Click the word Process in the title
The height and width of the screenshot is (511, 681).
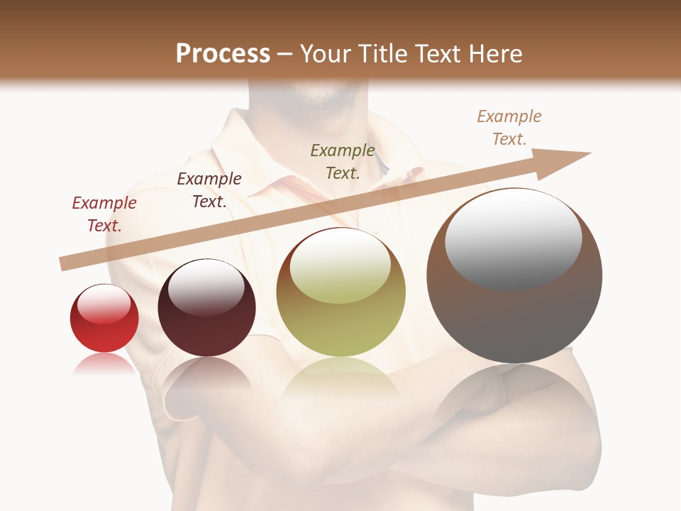(x=223, y=54)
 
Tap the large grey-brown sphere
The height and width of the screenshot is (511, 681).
(x=514, y=312)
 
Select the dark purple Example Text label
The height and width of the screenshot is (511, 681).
(x=209, y=190)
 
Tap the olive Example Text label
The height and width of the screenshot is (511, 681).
(x=343, y=161)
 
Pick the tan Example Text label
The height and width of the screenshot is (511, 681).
(x=509, y=127)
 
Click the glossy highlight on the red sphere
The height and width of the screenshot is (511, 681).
(x=104, y=304)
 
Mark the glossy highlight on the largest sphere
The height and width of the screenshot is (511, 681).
(x=513, y=238)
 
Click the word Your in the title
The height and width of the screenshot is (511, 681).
(x=327, y=54)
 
